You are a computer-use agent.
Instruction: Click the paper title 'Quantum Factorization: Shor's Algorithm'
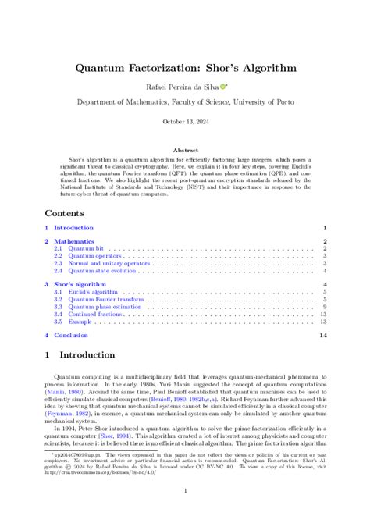click(x=185, y=68)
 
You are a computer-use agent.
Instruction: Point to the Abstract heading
click(x=185, y=149)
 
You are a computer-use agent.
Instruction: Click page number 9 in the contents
click(x=324, y=307)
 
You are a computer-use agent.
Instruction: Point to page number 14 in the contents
click(x=322, y=335)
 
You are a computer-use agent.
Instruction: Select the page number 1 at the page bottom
click(x=185, y=491)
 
